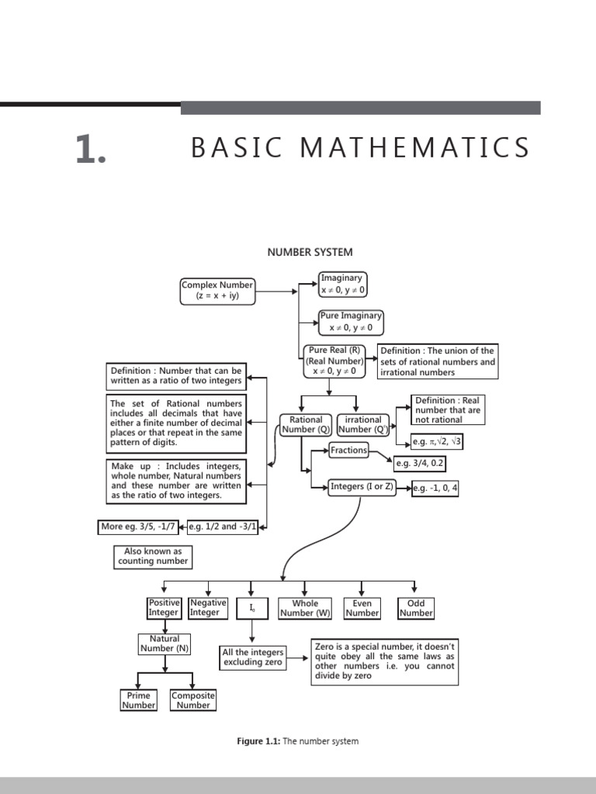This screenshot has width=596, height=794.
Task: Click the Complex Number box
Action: pyautogui.click(x=217, y=291)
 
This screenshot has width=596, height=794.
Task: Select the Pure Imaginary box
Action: pyautogui.click(x=351, y=322)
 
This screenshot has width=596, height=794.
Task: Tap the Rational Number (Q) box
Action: pyautogui.click(x=306, y=424)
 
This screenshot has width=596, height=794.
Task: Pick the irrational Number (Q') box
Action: pyautogui.click(x=363, y=424)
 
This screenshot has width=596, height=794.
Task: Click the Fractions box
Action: pyautogui.click(x=348, y=450)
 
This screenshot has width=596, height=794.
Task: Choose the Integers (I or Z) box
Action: pyautogui.click(x=362, y=487)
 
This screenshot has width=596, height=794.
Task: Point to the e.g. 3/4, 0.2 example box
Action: pyautogui.click(x=420, y=464)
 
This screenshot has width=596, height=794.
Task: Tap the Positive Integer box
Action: pyautogui.click(x=164, y=608)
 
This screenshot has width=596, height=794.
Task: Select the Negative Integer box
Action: pyautogui.click(x=208, y=608)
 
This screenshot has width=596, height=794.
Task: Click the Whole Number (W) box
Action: pyautogui.click(x=305, y=608)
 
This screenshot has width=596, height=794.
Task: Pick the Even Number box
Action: pyautogui.click(x=362, y=608)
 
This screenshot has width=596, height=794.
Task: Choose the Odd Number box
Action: pyautogui.click(x=416, y=608)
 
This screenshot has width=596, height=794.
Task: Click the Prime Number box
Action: pyautogui.click(x=139, y=700)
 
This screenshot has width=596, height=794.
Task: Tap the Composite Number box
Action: pyautogui.click(x=193, y=700)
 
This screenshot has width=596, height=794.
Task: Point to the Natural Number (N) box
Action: pyautogui.click(x=165, y=644)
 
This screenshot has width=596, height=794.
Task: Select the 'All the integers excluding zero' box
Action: pyautogui.click(x=253, y=658)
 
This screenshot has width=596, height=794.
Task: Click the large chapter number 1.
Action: pyautogui.click(x=90, y=150)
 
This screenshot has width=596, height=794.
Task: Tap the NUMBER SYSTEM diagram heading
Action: pyautogui.click(x=310, y=252)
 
